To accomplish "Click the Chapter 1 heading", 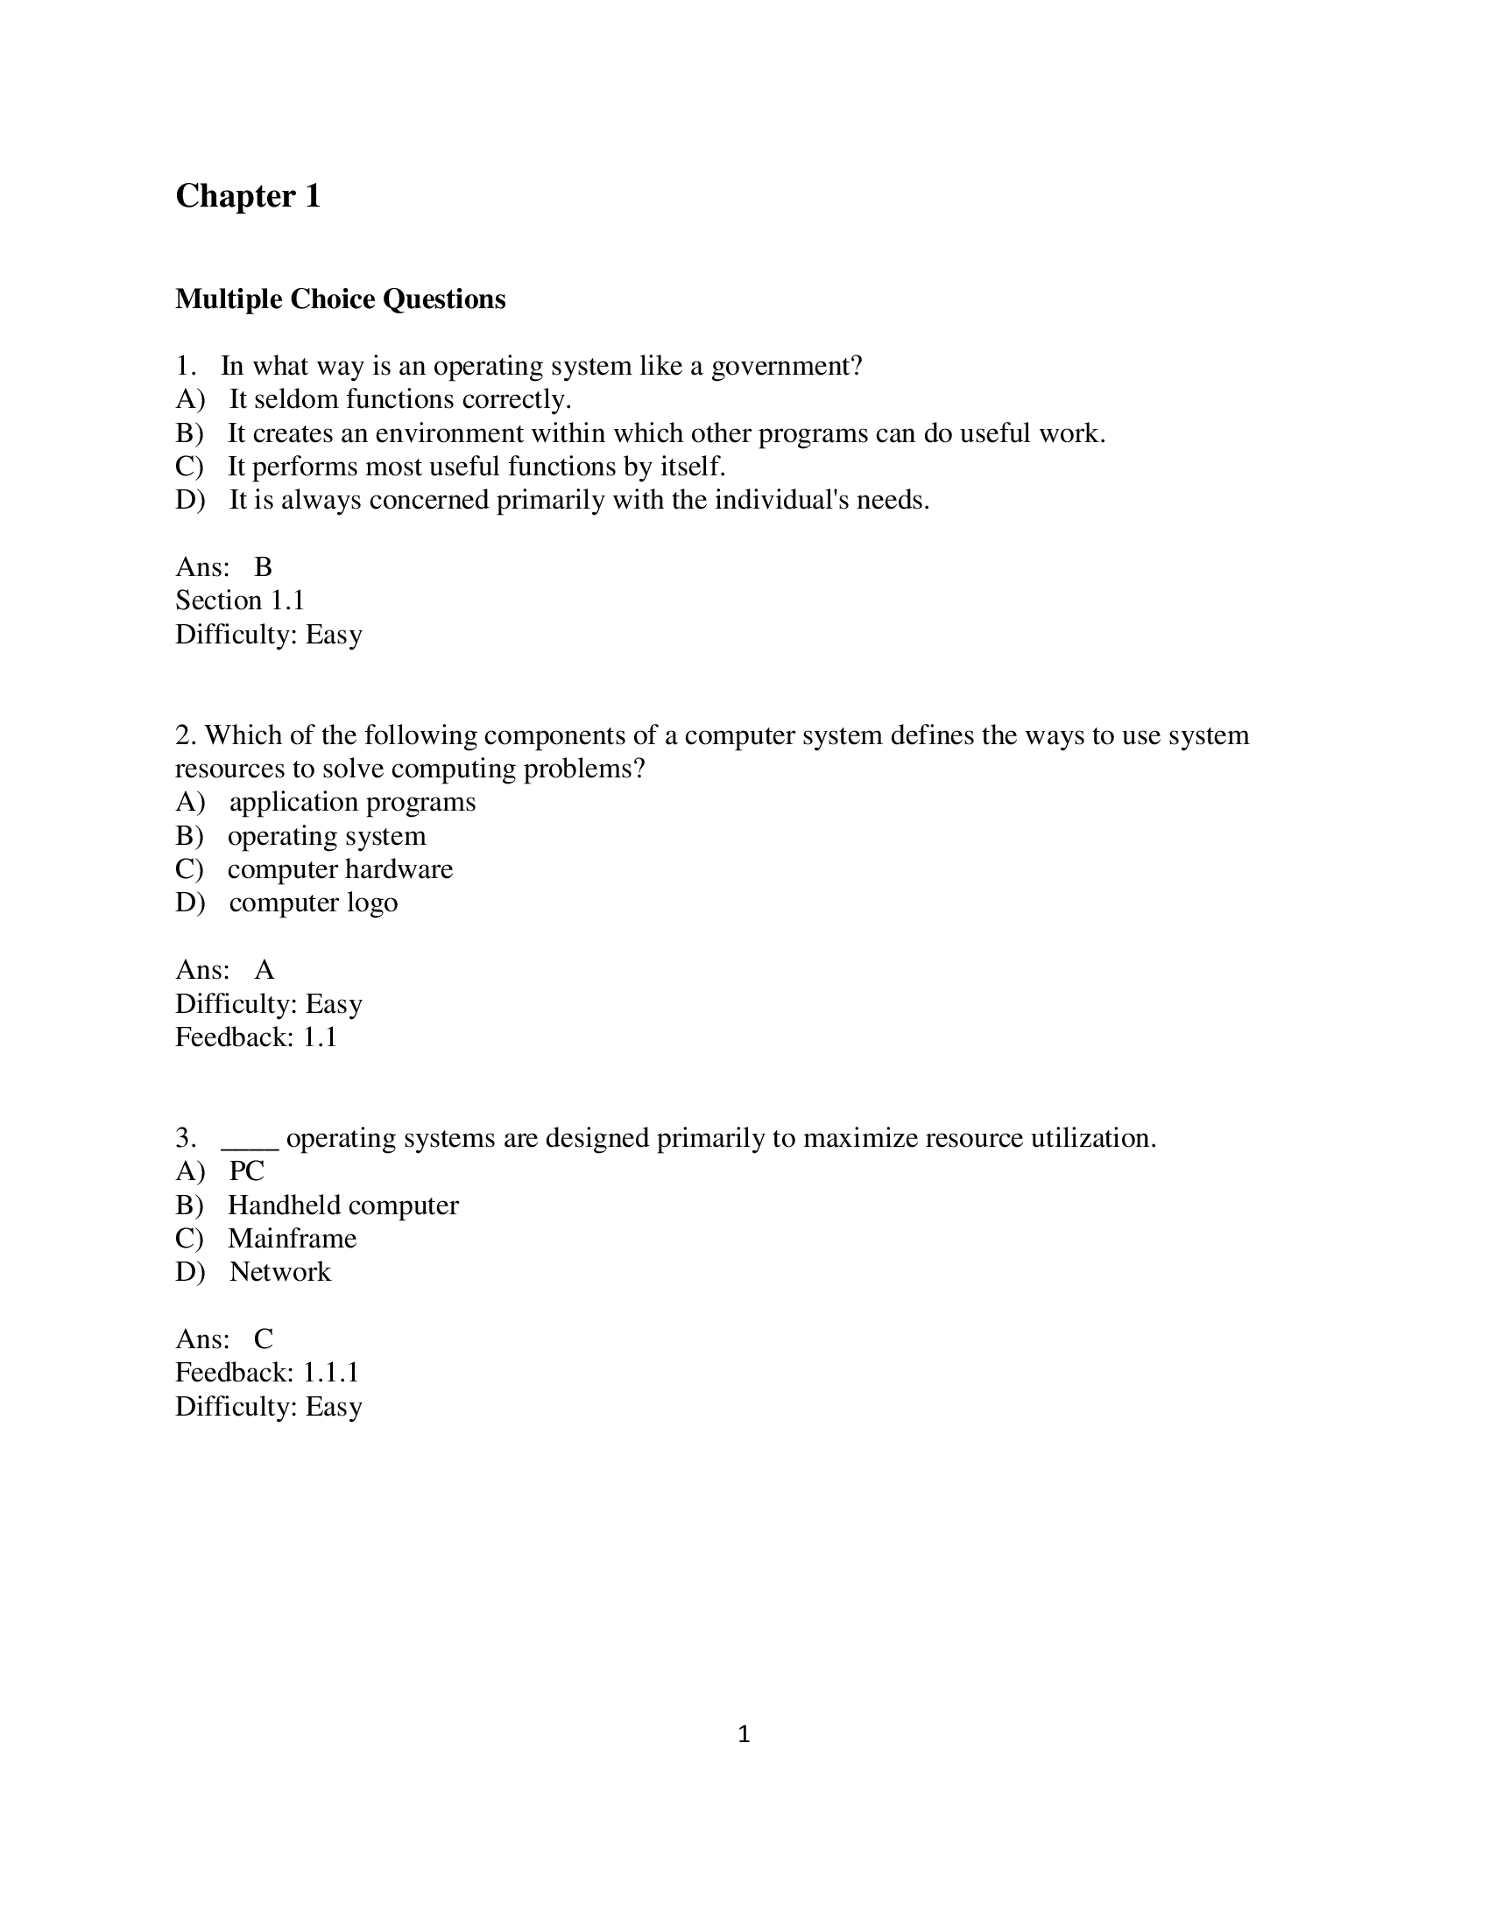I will tap(248, 196).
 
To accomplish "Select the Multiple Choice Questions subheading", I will tap(341, 299).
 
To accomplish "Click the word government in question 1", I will tap(785, 366).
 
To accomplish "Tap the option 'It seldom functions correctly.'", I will tap(399, 399).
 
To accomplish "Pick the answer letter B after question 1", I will tap(263, 567).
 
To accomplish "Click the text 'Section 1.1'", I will tap(240, 601).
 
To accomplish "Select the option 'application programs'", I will tap(352, 802).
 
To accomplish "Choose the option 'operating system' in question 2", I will tap(327, 835).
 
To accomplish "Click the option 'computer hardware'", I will tap(340, 869).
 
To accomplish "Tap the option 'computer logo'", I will tap(314, 903).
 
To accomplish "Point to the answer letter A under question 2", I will tap(264, 970).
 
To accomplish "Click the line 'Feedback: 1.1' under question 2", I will tap(256, 1037).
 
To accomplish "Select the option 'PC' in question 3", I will tap(246, 1171).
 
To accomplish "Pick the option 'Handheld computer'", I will tap(342, 1206).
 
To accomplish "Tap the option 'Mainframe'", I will tap(292, 1239).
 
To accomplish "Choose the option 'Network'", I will tap(279, 1273).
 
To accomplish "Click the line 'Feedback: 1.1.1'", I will tap(267, 1373).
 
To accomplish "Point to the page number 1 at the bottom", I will tap(744, 1734).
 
